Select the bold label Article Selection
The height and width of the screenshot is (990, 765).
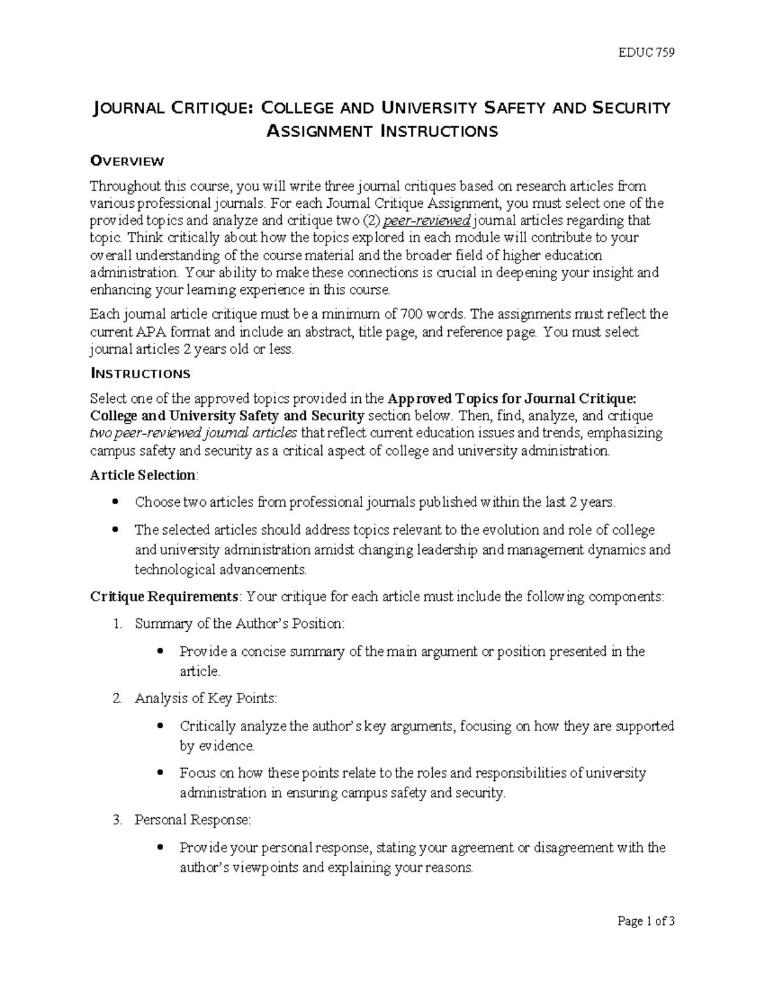coord(143,475)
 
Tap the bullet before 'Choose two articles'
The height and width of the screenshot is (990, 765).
coord(115,502)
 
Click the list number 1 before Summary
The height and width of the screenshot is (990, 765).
coord(117,624)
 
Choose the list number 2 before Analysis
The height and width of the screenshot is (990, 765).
coord(117,698)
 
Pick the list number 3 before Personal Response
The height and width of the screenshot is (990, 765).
coord(117,820)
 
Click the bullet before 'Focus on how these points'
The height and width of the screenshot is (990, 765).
coord(160,773)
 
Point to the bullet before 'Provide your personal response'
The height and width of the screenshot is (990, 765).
coord(160,848)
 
